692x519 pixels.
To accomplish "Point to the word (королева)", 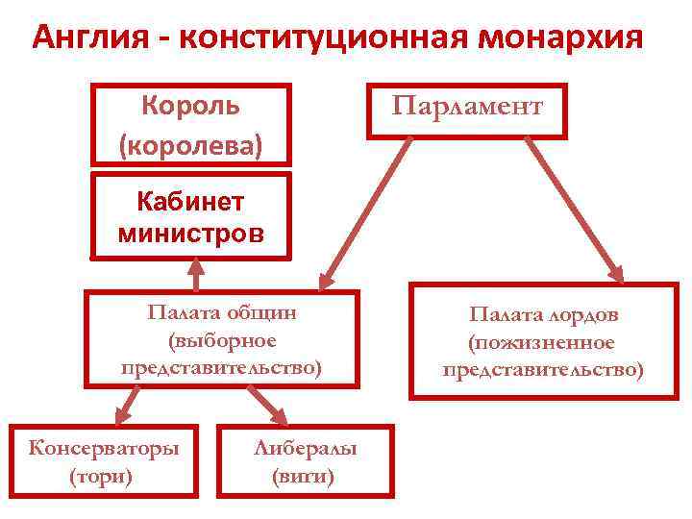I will (x=190, y=144).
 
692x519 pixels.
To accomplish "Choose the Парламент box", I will (x=467, y=110).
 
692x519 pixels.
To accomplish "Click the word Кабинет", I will (x=190, y=202).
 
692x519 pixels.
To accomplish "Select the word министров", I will (x=190, y=232).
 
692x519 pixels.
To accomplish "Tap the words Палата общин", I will (x=222, y=312).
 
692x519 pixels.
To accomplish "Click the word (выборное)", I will (x=222, y=340).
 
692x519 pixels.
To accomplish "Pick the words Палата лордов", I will (x=544, y=314).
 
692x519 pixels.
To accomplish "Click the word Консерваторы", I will (x=104, y=448).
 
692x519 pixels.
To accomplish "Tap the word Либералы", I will (x=305, y=448).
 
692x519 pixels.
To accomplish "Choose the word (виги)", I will (x=304, y=475).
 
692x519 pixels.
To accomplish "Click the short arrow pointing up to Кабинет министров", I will (x=197, y=275).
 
